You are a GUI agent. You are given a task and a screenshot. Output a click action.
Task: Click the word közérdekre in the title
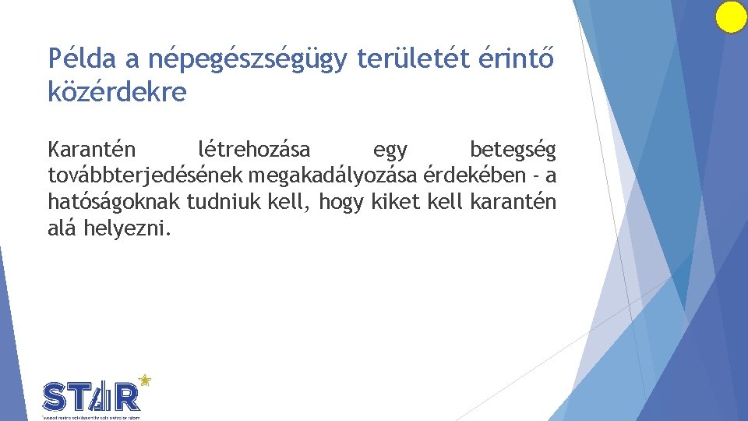[x=118, y=92]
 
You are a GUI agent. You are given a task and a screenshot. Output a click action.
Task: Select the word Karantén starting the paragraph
[x=92, y=148]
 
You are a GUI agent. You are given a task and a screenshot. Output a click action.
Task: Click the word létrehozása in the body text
[x=254, y=148]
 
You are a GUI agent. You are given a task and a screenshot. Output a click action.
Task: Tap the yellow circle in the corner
[x=731, y=17]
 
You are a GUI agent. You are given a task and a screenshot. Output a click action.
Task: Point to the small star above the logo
[x=143, y=380]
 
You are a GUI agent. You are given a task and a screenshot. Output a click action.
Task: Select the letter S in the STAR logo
[x=55, y=398]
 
